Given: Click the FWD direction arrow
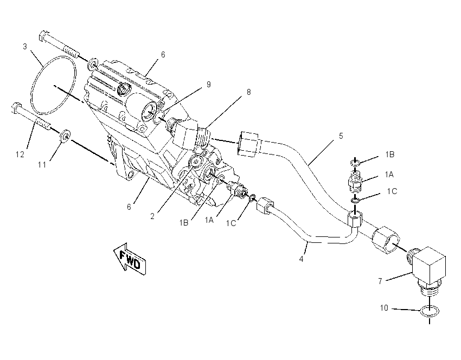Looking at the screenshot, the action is click(x=130, y=259).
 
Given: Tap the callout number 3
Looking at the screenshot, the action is click(x=25, y=47).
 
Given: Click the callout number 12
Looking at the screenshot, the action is click(x=20, y=155).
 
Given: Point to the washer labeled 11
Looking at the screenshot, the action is click(x=65, y=136).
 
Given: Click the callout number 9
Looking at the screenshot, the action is click(x=209, y=85).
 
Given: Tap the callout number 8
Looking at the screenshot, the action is click(x=249, y=92).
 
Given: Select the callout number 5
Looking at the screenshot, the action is click(x=341, y=136).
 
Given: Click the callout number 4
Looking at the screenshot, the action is click(x=301, y=259).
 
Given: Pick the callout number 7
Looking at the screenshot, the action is click(x=380, y=281).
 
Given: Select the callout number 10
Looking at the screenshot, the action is click(x=384, y=308).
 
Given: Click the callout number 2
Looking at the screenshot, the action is click(x=152, y=216).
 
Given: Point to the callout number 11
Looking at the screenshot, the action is click(x=42, y=165).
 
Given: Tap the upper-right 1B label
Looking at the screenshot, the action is click(x=390, y=155).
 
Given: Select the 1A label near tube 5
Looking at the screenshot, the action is click(x=389, y=175).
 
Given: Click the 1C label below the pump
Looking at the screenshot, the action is click(x=231, y=223).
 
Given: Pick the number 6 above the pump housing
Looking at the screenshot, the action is click(x=163, y=55).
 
